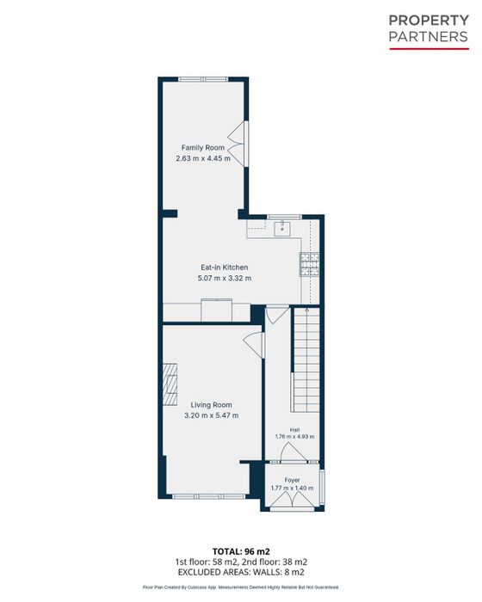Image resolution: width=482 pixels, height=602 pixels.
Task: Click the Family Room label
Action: coord(203,147)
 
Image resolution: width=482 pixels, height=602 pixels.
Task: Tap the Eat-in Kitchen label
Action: coord(225,267)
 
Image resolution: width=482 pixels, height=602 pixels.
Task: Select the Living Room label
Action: coord(212,405)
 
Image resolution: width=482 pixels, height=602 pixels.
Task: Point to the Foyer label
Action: coord(292,480)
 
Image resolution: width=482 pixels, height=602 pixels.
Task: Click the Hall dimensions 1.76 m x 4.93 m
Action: coord(295,437)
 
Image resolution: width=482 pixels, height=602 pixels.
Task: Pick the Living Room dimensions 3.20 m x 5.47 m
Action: coord(212,415)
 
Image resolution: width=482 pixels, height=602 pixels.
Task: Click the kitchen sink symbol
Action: coord(282,228)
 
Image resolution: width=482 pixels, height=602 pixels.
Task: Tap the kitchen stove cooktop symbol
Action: coord(309,264)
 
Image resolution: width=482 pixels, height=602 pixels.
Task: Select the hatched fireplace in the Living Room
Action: coord(170,384)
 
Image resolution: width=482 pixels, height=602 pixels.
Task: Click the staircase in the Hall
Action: coord(306,359)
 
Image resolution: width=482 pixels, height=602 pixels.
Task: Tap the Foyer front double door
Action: coord(293,501)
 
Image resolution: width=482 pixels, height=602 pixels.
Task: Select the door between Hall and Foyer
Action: coord(294,453)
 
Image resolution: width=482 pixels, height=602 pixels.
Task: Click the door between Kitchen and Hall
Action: coord(277,315)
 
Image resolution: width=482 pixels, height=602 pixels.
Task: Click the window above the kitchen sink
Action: coord(284,218)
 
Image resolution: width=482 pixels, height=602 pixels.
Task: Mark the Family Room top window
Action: coord(203,79)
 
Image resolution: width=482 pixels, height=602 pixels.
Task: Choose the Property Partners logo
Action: coord(429,32)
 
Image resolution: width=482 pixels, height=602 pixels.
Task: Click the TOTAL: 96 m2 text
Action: coord(241,552)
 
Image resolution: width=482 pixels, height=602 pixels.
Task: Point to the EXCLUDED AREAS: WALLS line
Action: coord(241,573)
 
